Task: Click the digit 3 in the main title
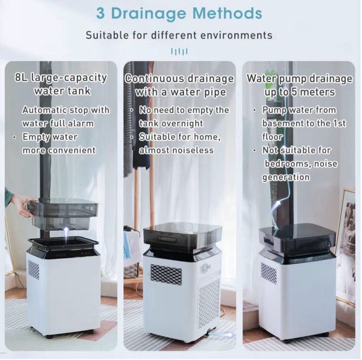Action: (101, 14)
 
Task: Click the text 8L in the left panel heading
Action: (21, 78)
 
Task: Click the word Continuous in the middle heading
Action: (155, 79)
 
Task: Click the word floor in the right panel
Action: (272, 137)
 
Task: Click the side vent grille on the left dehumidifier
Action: (34, 270)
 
